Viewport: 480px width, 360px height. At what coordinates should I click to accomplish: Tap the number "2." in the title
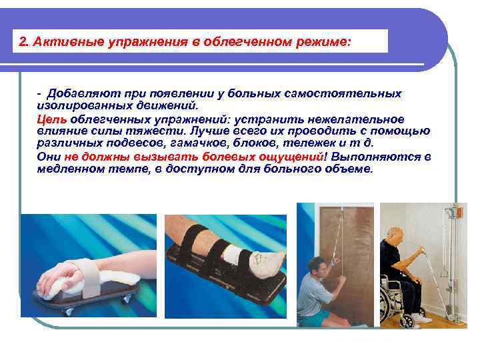pyautogui.click(x=25, y=42)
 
